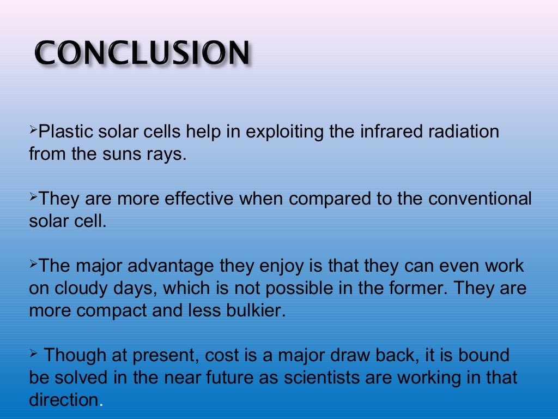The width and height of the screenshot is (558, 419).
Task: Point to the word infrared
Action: point(380,133)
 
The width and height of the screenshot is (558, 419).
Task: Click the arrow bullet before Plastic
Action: point(33,131)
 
